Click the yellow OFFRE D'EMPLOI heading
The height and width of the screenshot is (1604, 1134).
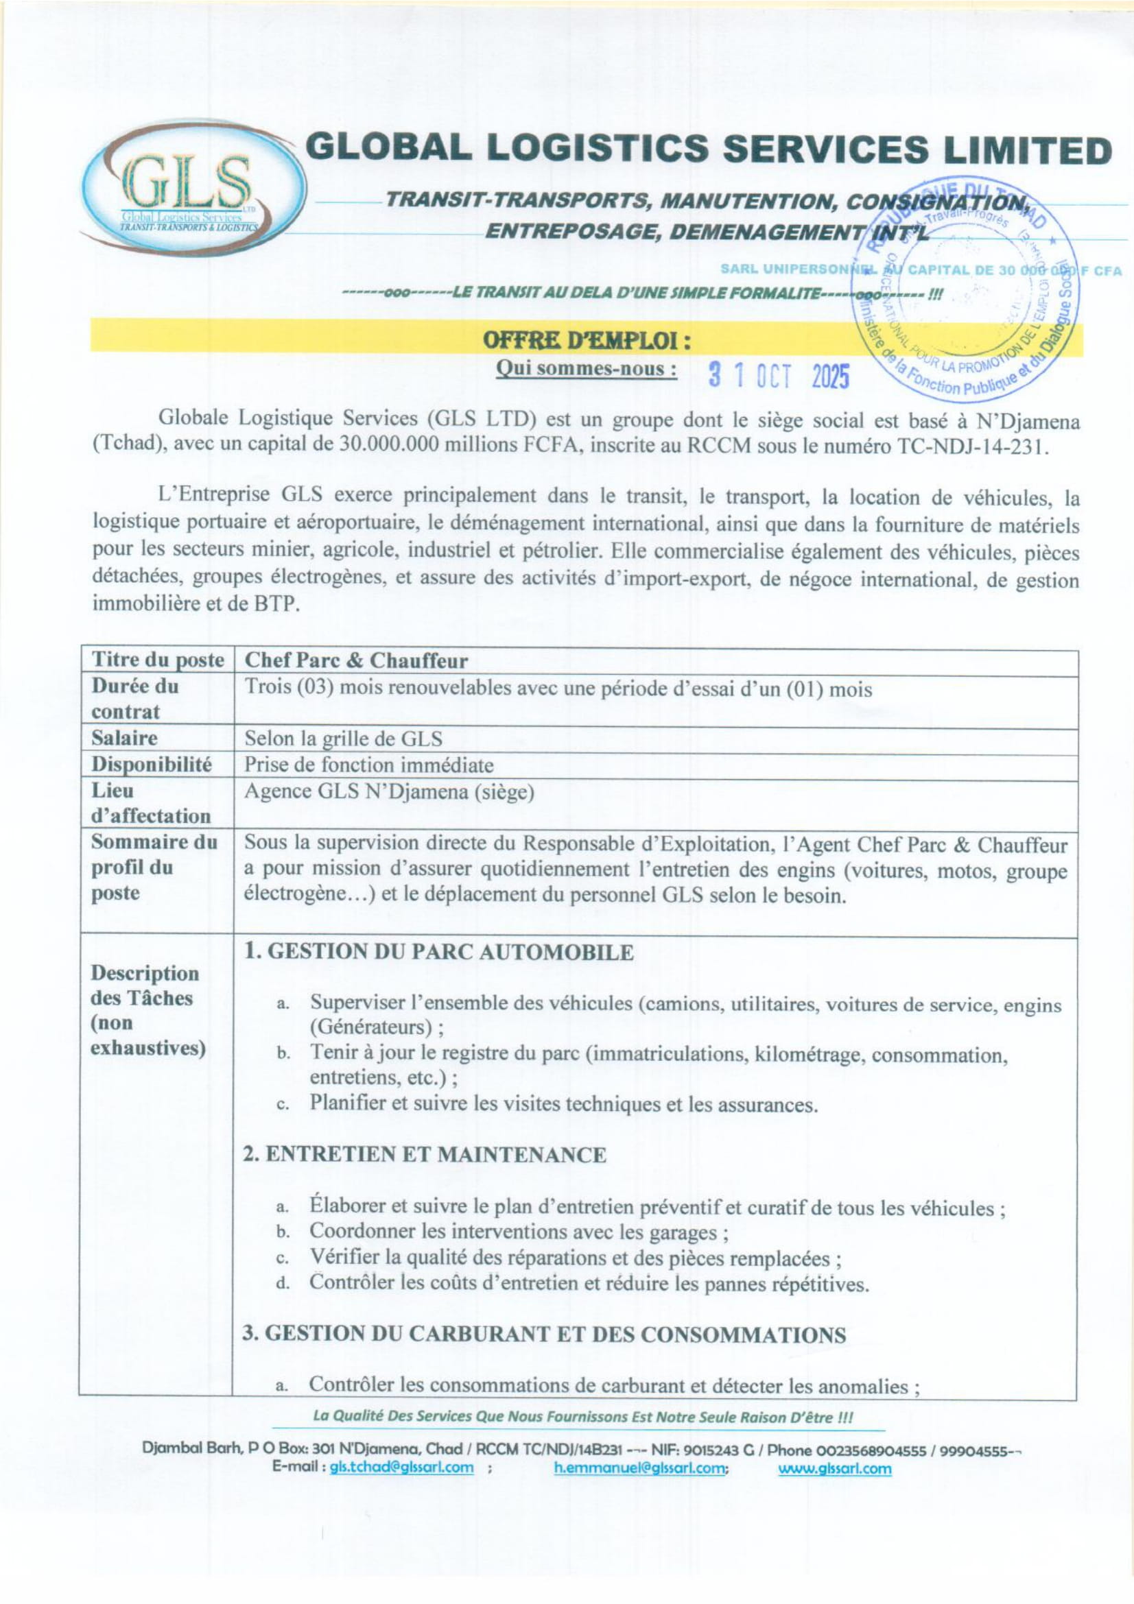point(587,341)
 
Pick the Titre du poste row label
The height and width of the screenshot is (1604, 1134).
point(158,660)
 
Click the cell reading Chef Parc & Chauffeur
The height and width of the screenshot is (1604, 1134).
point(355,660)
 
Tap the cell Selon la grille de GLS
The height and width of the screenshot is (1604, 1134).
point(343,739)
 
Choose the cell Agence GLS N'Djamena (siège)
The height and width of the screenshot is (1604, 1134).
point(389,791)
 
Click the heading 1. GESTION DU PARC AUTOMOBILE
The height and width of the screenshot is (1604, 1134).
point(439,952)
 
